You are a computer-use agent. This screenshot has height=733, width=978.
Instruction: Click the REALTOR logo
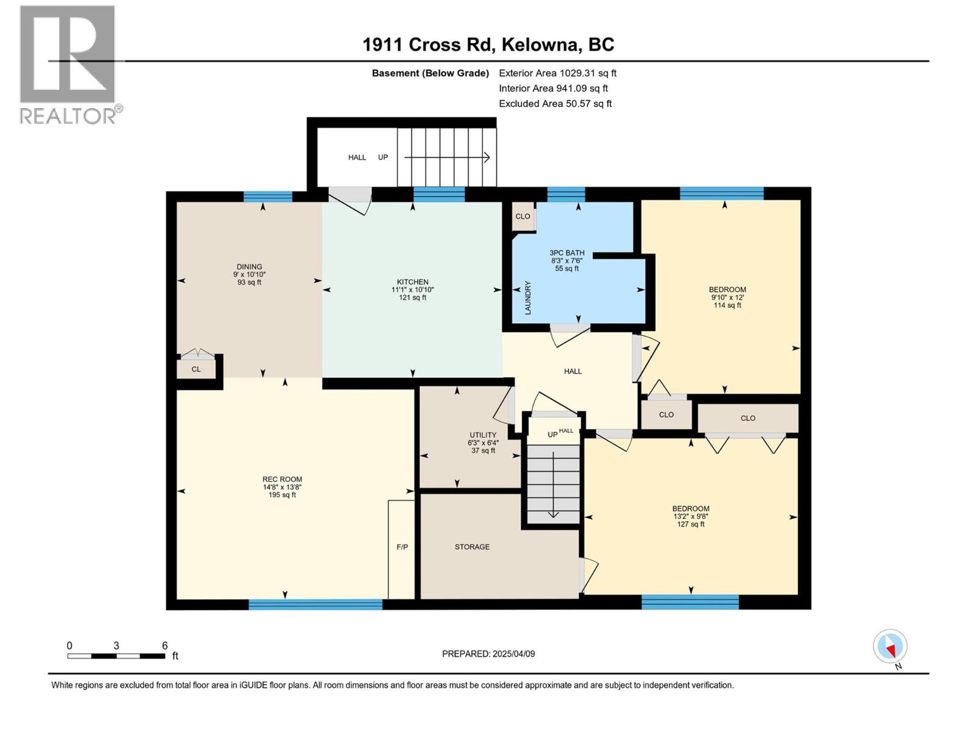coord(68,64)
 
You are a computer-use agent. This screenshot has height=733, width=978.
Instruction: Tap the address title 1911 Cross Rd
coord(488,45)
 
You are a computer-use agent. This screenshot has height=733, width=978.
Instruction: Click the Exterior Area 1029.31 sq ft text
coord(557,73)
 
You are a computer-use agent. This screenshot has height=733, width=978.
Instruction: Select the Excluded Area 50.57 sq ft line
coord(555,104)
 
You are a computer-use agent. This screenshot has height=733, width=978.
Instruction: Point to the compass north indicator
coord(890,647)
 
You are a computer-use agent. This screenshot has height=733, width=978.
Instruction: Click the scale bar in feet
coord(116,655)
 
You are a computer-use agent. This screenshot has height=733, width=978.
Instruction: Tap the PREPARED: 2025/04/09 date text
coord(488,654)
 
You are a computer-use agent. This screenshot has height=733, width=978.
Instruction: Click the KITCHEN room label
coord(413,282)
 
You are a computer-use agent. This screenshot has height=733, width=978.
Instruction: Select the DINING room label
coord(249,267)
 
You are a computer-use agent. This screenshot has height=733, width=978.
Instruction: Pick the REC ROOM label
coord(282,480)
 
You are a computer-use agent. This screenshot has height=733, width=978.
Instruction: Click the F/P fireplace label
coord(402,547)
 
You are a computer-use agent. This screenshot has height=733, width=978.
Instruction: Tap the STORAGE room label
coord(472,547)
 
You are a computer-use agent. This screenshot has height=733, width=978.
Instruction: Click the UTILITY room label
coord(483,436)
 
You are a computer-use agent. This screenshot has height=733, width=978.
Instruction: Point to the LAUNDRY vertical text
coord(528,298)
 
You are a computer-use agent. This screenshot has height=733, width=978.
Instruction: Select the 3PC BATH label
coord(567,253)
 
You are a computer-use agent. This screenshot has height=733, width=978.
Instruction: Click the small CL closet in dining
coord(196,370)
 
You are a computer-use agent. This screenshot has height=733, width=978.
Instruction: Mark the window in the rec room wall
coord(315,604)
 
